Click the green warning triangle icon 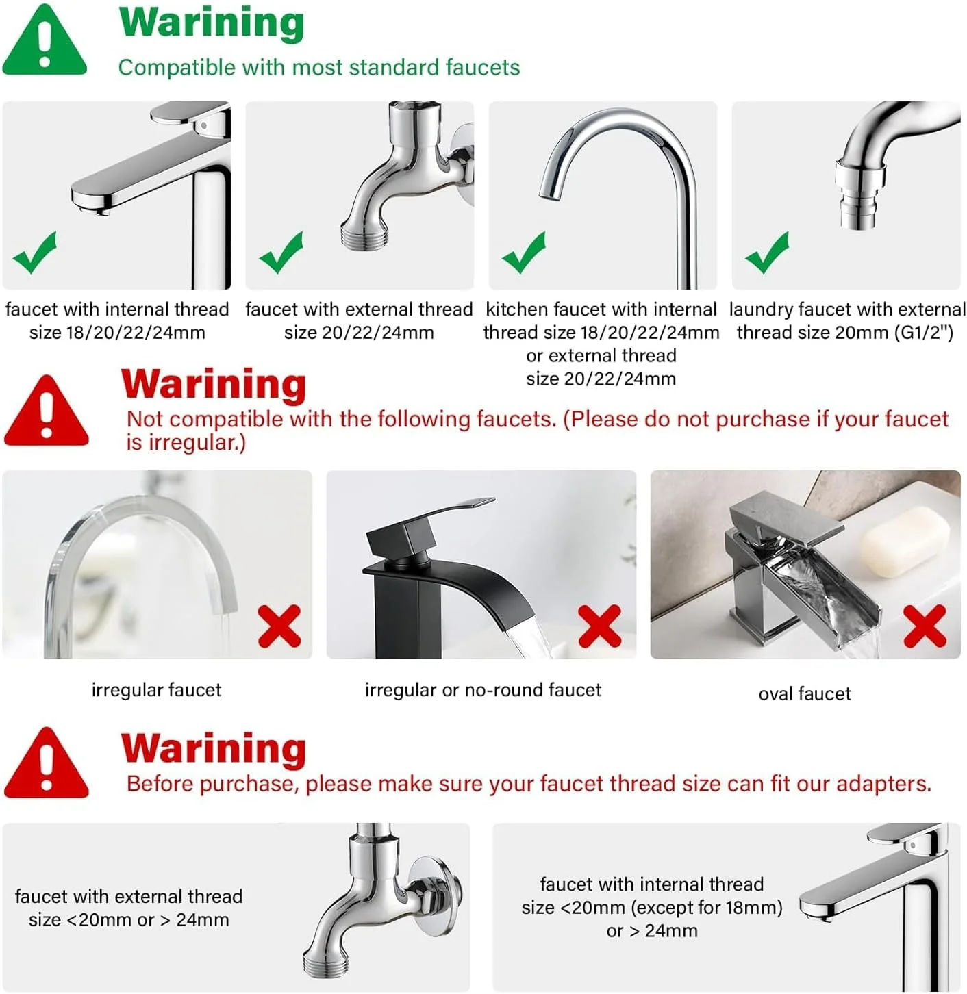pyautogui.click(x=45, y=41)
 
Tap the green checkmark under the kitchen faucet pyautogui.click(x=523, y=253)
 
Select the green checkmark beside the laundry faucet pyautogui.click(x=766, y=253)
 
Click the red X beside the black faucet pyautogui.click(x=599, y=626)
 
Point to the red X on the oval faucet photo pyautogui.click(x=925, y=626)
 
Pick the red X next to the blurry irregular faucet pyautogui.click(x=279, y=626)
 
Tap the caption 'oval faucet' pyautogui.click(x=805, y=693)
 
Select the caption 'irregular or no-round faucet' pyautogui.click(x=483, y=690)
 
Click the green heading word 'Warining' pyautogui.click(x=212, y=23)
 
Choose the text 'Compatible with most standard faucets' pyautogui.click(x=319, y=67)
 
